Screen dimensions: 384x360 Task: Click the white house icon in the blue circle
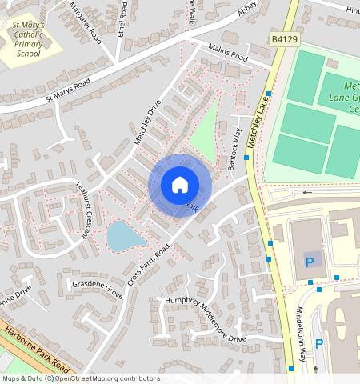click(x=179, y=185)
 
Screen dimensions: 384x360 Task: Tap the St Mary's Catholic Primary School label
click(x=34, y=41)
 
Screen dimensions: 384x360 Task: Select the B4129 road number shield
click(x=284, y=38)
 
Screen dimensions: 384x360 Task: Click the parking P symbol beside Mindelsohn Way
click(x=318, y=344)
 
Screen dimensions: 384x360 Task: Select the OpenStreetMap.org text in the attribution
click(x=103, y=378)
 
